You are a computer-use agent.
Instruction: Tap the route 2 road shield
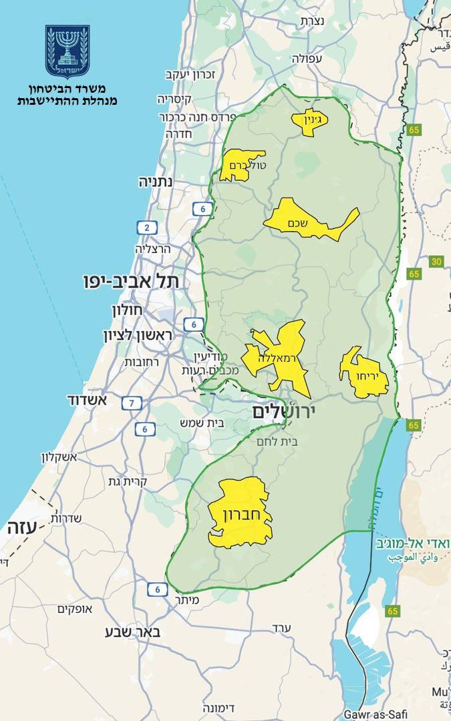(146, 228)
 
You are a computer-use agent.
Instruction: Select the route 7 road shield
(132, 403)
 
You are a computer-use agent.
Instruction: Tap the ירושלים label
(283, 413)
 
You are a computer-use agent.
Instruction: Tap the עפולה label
(307, 58)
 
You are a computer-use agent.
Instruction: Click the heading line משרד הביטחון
(67, 89)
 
